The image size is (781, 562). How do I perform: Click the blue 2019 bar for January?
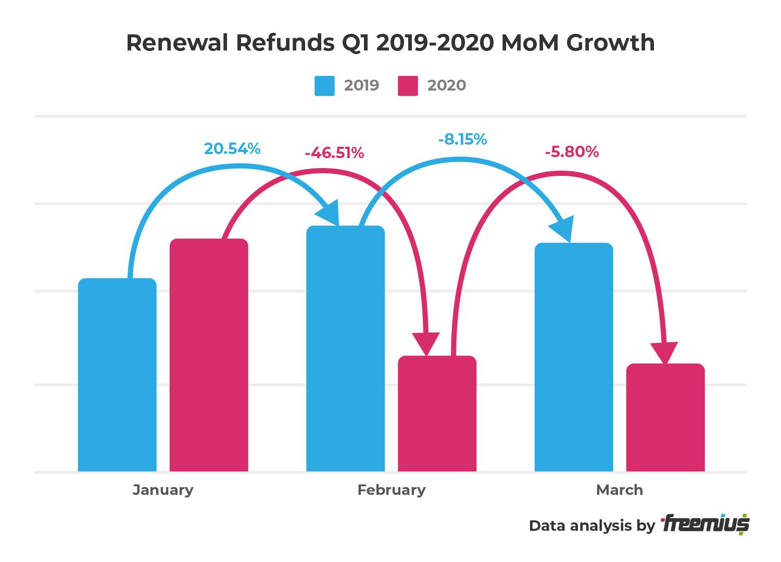(117, 375)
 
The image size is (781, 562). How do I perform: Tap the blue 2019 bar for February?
(345, 349)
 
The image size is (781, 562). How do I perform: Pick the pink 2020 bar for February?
(437, 414)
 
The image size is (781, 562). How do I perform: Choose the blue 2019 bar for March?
(574, 357)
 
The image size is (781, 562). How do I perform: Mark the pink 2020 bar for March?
(665, 417)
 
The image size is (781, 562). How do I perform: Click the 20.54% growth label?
(232, 149)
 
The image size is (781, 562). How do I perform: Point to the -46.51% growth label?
(334, 153)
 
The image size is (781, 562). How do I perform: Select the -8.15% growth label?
(462, 139)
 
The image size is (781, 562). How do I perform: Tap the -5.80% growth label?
(572, 152)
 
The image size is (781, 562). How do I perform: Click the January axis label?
(163, 490)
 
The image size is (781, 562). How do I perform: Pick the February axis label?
(392, 490)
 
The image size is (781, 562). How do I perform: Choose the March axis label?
(619, 490)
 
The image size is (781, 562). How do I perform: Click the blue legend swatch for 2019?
(324, 86)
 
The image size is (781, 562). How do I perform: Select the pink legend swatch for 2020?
(408, 86)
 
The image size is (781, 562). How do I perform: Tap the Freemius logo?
(705, 525)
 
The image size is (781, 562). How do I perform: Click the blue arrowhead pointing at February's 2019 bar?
(329, 214)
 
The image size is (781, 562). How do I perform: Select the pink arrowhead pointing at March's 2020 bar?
(664, 353)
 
